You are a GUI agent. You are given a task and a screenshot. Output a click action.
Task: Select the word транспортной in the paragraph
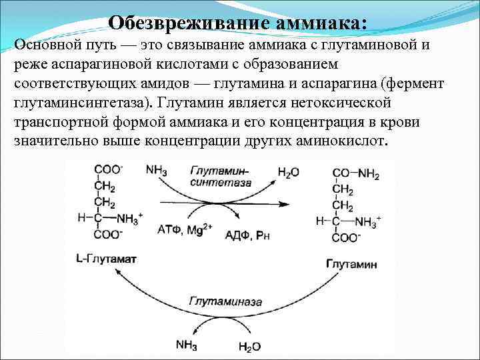(x=58, y=123)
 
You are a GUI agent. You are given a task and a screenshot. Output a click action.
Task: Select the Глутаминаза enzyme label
(x=217, y=301)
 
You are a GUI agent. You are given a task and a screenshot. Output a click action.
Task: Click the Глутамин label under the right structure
(x=351, y=264)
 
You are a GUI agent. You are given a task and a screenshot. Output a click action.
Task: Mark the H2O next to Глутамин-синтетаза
(x=288, y=172)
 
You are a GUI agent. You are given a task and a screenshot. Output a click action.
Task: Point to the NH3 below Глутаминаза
(x=185, y=344)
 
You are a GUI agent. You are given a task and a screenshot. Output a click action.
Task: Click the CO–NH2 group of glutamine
(x=355, y=175)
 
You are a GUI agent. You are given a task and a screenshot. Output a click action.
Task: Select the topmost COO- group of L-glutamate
(x=107, y=170)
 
